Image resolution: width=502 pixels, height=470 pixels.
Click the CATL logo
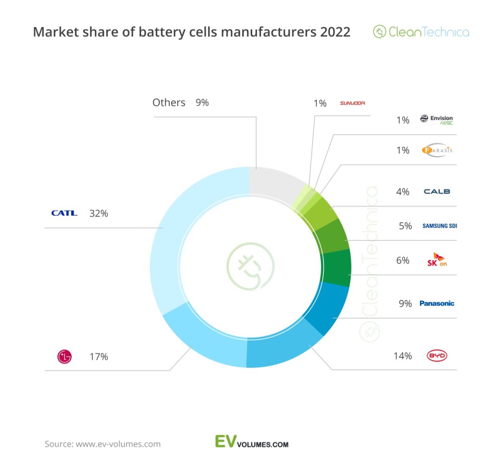point(64,213)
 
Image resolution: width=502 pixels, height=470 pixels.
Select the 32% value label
point(99,213)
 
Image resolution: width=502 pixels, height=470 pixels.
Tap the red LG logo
point(64,357)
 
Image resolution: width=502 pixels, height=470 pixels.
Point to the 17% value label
point(99,357)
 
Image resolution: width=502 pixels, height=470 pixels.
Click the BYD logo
point(437,356)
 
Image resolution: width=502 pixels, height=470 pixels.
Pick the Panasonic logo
point(437,303)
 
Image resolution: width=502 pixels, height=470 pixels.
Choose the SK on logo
point(437,260)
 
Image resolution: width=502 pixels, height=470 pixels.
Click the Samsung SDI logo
point(439,226)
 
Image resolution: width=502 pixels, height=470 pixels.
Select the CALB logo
point(437,191)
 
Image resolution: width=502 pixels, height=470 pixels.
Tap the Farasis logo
point(437,150)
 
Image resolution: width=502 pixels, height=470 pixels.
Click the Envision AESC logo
point(437,120)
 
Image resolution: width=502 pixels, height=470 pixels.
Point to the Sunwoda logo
point(352,103)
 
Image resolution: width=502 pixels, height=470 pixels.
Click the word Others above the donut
point(169,103)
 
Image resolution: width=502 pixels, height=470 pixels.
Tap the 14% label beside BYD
point(402,356)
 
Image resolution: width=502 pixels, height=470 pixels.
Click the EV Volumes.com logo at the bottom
point(251,442)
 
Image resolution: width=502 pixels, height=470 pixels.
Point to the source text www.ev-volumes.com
point(118,444)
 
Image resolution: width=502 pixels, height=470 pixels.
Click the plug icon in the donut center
point(250,267)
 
